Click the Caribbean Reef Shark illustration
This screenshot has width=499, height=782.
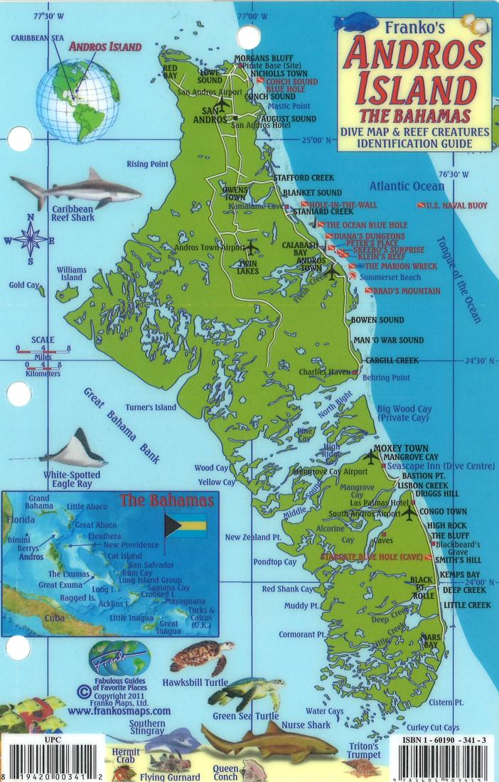coord(75,188)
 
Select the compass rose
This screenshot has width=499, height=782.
coord(30,240)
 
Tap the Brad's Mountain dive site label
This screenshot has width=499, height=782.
coord(406,291)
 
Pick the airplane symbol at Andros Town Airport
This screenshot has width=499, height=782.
coord(250,247)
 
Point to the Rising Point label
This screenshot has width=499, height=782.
coord(147,164)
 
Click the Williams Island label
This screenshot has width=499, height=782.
coord(72,274)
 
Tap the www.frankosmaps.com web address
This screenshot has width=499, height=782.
coord(119,710)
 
